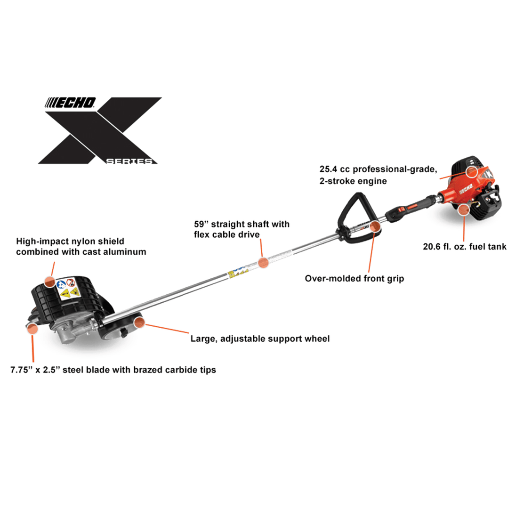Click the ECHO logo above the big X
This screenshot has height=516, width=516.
pos(71,103)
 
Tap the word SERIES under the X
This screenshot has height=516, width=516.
pos(129,161)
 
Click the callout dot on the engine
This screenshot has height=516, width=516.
pos(472,171)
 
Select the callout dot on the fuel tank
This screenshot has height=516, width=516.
pos(464,210)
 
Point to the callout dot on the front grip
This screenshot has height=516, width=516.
pos(375,226)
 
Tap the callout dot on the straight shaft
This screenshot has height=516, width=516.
pos(264,262)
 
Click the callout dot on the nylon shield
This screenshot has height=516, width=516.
pos(50,282)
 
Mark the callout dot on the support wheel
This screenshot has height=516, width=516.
pos(139,322)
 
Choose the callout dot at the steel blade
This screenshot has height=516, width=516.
pos(32,329)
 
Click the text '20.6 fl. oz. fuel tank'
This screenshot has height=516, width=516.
pos(464,246)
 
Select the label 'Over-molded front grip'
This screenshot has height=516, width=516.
pos(354,278)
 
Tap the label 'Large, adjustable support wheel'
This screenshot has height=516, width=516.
pos(260,339)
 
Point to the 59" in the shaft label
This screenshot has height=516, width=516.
pos(201,224)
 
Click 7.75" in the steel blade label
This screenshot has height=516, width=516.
pos(22,370)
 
